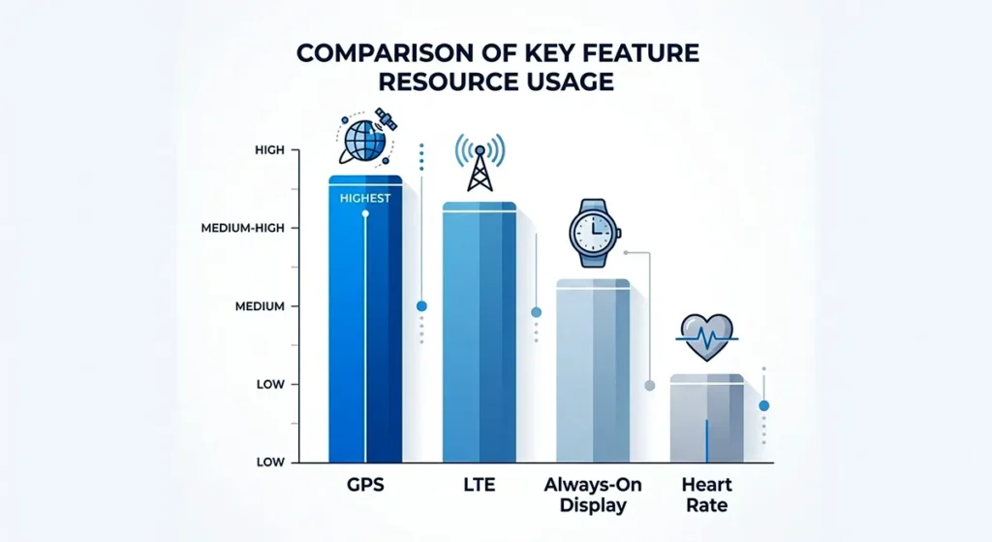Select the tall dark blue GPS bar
point(365,320)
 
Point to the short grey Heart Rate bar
point(707,417)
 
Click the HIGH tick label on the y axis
point(268,150)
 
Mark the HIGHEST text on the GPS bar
point(365,199)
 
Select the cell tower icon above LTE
point(480,163)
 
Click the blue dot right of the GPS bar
point(421,306)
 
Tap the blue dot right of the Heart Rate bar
point(763,405)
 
